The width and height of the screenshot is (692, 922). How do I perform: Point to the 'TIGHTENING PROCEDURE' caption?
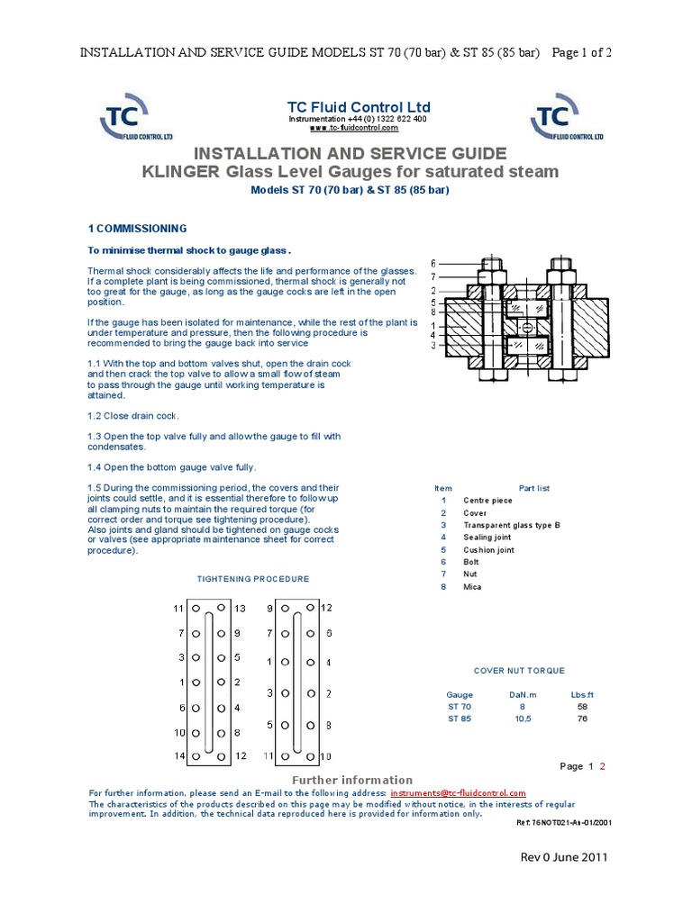tap(253, 579)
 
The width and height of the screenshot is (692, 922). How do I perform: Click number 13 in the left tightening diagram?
tap(240, 610)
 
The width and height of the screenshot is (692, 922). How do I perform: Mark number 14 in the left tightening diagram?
tap(178, 756)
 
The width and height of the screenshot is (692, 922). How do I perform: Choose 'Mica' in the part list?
tap(472, 587)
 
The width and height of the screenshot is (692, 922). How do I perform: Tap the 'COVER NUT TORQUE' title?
tap(519, 671)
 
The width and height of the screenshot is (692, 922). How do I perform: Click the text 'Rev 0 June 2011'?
tap(565, 857)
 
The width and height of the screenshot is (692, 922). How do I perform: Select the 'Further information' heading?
tap(352, 780)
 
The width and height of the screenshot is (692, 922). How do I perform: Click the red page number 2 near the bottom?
tap(603, 766)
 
